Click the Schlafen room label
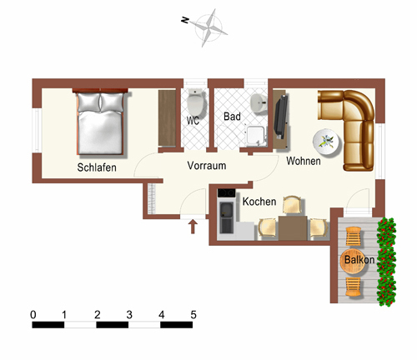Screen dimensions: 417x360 tap(97, 167)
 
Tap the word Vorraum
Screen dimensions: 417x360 tap(207, 166)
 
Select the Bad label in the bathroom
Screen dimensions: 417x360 tap(232, 117)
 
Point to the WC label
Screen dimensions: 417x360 tap(193, 121)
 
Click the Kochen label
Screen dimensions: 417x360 tap(259, 202)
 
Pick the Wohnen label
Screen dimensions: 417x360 tap(304, 161)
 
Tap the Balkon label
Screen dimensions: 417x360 tap(359, 260)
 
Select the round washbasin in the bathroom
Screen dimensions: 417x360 tap(259, 102)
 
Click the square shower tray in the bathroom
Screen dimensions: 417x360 tap(256, 136)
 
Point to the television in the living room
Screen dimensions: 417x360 tap(281, 117)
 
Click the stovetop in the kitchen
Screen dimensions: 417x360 tap(226, 192)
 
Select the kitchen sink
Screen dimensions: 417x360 tap(227, 217)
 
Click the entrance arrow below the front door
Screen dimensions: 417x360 tap(193, 227)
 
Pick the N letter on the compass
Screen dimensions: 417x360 tap(185, 20)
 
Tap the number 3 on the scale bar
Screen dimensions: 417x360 tap(129, 315)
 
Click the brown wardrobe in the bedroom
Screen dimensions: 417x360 tap(167, 117)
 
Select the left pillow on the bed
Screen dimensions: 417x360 tap(88, 102)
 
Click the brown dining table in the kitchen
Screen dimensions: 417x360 tap(293, 227)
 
